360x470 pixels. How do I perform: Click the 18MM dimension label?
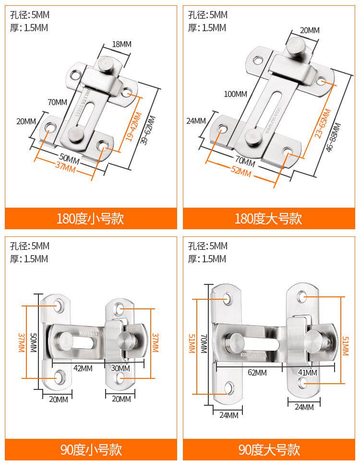pos(121,44)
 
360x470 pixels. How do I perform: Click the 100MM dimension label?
pos(235,94)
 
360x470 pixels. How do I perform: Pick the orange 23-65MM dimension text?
pos(323,123)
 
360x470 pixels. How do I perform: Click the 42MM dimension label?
pos(83,368)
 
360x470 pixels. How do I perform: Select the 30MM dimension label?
pos(120,368)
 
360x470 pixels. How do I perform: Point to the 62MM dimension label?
pos(257,373)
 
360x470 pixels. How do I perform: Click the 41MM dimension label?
pos(307,373)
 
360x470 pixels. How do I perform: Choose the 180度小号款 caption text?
pos(90,219)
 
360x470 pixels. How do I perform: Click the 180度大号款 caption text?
pos(268,219)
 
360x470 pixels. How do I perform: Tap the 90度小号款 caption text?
pos(90,450)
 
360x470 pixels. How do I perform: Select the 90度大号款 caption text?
pos(268,450)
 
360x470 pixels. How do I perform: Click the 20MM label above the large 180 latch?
pos(310,30)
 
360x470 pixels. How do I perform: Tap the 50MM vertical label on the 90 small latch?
pos(33,342)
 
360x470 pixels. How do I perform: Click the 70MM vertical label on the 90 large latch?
pos(204,343)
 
